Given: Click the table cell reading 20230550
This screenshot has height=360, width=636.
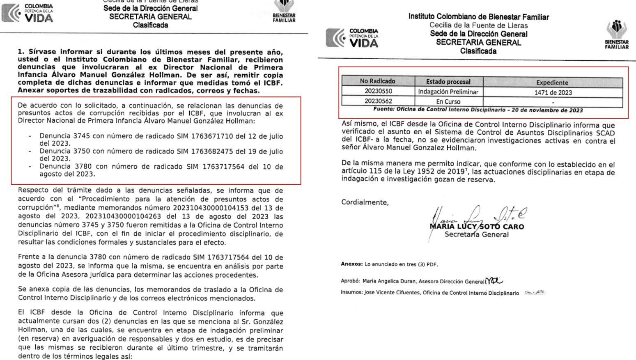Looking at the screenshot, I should (378, 92).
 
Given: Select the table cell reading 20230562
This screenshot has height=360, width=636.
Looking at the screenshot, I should (378, 101).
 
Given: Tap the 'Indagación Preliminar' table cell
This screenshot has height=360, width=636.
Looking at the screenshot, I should (448, 92).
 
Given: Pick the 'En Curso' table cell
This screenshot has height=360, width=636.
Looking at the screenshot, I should (448, 101).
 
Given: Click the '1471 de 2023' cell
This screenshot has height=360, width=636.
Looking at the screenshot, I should (553, 92).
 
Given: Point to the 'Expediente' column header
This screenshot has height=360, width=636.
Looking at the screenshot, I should (552, 82).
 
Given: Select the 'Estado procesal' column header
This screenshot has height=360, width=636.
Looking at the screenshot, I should (448, 82).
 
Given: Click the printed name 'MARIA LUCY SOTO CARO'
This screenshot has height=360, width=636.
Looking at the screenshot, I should (477, 227).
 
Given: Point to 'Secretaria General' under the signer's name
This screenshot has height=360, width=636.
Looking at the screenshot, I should (476, 235).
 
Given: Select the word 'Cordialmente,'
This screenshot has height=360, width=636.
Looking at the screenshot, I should (365, 202).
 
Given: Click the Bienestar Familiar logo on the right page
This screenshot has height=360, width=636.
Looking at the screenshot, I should (616, 34).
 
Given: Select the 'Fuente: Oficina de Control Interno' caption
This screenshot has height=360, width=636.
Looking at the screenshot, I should (478, 110).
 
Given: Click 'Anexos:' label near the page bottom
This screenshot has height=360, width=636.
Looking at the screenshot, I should (352, 264).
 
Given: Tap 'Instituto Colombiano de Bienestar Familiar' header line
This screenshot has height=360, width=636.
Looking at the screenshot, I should (478, 17).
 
